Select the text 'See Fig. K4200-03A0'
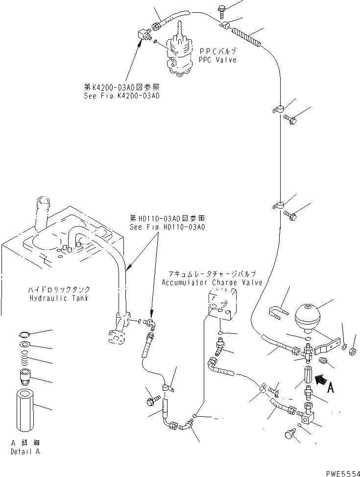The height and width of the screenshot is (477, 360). [x=121, y=96]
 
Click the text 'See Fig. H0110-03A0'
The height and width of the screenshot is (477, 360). [x=167, y=227]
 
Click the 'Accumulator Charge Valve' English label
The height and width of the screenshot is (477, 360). [x=212, y=283]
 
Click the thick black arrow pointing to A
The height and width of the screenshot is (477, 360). [x=321, y=379]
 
